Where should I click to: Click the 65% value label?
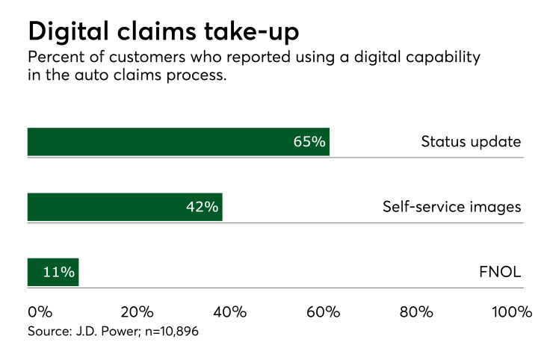309,142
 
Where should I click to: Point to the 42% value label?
202,207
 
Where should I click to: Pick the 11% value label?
58,272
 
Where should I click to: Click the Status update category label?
471,142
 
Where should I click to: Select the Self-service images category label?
451,207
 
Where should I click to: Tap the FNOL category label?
500,272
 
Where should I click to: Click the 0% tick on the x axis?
40,311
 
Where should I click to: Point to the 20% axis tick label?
137,311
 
